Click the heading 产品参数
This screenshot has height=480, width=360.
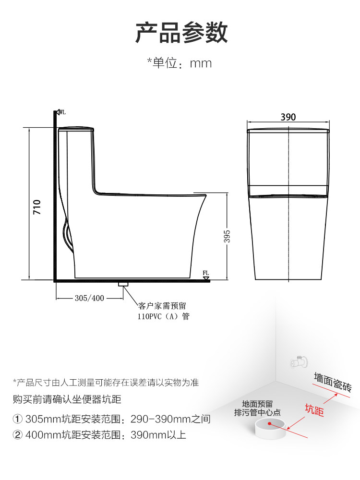tap(181, 33)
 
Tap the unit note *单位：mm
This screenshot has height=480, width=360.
tap(179, 63)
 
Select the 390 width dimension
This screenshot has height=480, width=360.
tap(288, 117)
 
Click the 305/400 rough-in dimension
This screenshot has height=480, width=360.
tap(89, 298)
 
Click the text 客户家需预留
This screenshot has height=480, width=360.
tap(162, 306)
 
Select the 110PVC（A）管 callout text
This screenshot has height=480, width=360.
tap(163, 317)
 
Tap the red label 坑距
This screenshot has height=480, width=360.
tap(314, 410)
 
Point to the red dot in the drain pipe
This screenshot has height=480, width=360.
tap(270, 424)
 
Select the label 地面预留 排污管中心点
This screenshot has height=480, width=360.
tap(257, 408)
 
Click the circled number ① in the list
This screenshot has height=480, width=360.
tap(18, 419)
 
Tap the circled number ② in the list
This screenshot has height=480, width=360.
tap(18, 435)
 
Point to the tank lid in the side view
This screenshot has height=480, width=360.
tap(76, 128)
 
